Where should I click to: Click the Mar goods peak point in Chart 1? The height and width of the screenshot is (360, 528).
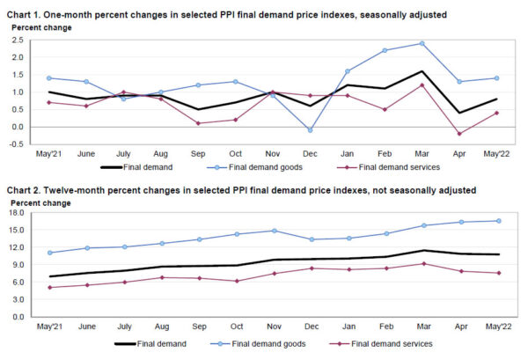[422, 43]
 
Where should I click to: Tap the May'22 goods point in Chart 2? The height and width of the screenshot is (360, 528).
[499, 221]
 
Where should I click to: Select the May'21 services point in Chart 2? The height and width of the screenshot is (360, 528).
[49, 287]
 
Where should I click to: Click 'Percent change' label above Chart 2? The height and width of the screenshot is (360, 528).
[35, 203]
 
